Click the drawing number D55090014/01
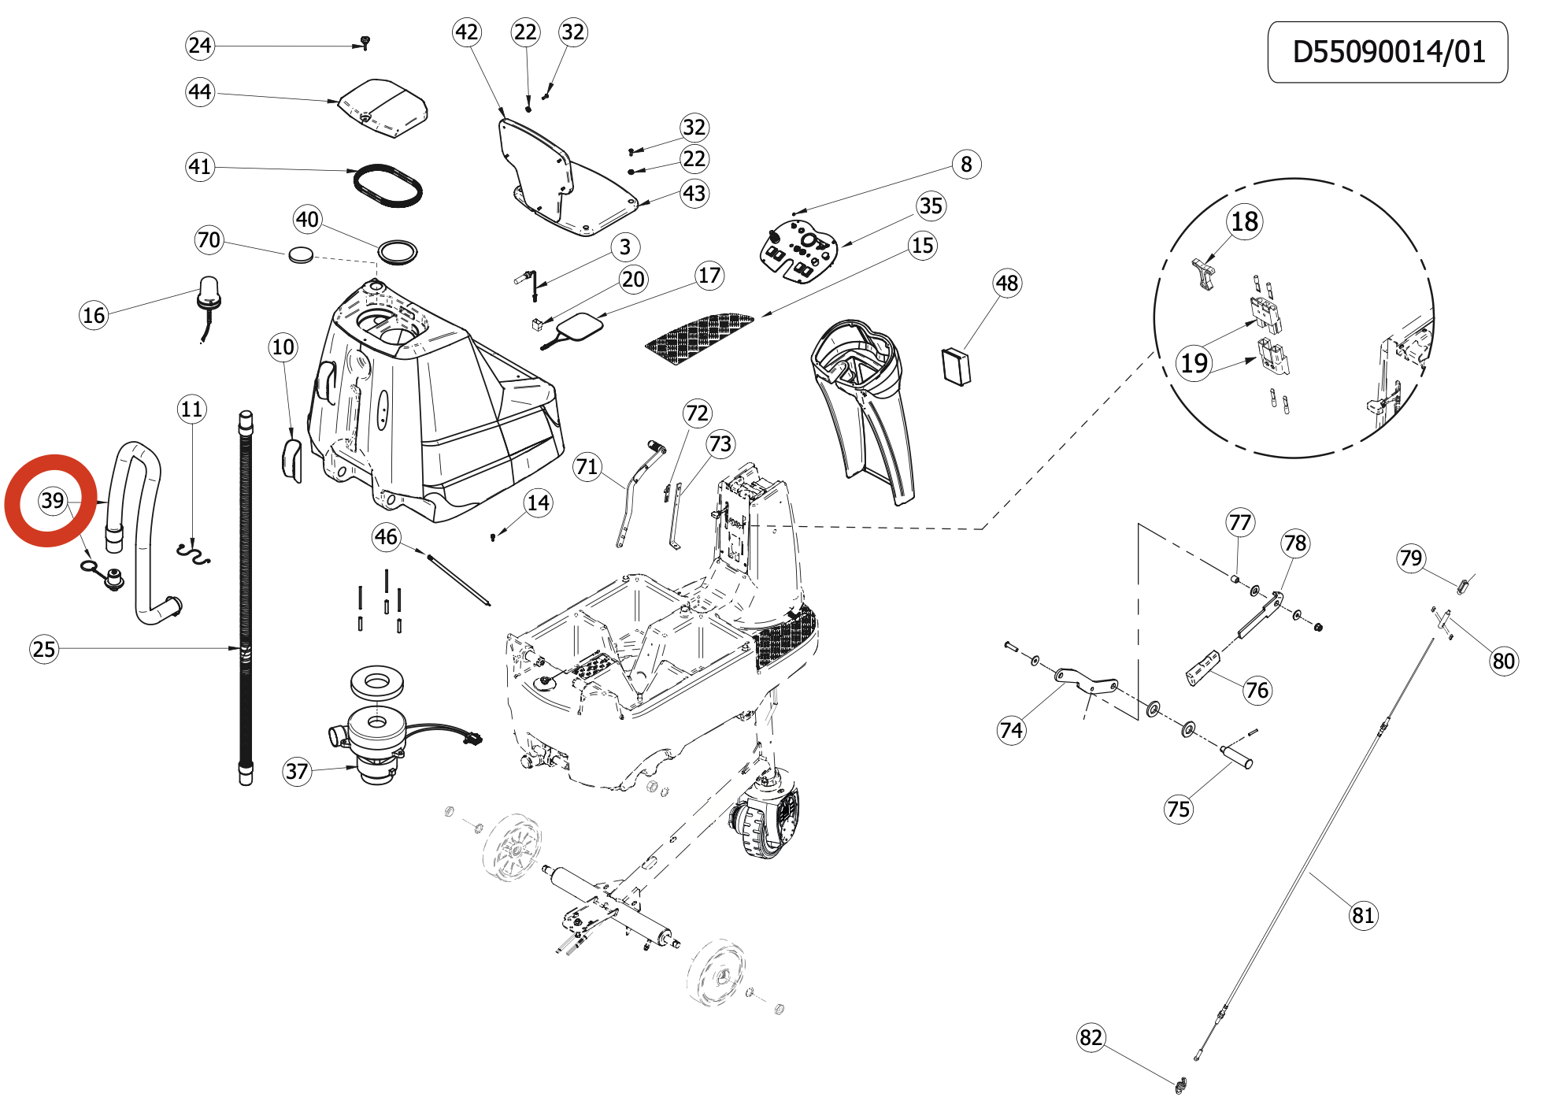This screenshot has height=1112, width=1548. tap(1387, 52)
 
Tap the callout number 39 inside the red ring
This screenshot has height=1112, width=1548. tap(53, 500)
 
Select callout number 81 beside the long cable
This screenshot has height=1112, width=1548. tap(1362, 915)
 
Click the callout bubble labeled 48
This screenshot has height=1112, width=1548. tap(1007, 284)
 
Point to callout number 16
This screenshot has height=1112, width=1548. tap(94, 316)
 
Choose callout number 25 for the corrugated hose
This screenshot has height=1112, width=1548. tap(44, 649)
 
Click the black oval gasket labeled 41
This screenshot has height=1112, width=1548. tap(387, 186)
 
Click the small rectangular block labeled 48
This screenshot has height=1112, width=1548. tap(957, 367)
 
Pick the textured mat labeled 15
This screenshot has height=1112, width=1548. tap(699, 335)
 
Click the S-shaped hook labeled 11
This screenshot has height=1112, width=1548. tap(194, 553)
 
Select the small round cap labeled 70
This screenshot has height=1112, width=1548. tap(301, 254)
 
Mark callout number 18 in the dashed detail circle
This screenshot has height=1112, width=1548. tap(1244, 222)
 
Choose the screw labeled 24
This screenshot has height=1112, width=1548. tap(365, 42)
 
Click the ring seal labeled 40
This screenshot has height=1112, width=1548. tap(398, 252)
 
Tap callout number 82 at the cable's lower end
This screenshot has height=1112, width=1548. tap(1091, 1037)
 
